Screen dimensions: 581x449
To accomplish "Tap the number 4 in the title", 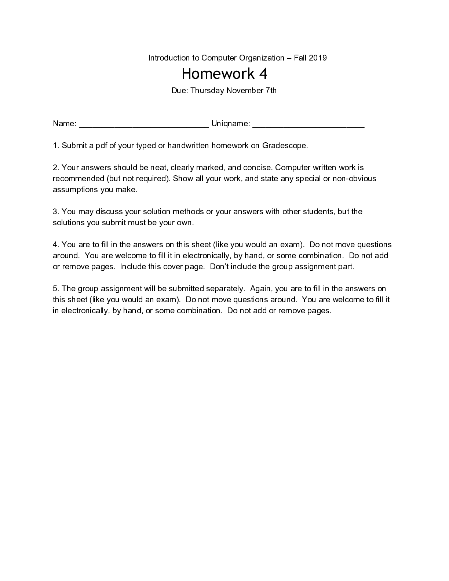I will [263, 74].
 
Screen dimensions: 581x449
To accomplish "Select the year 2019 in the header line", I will [318, 58].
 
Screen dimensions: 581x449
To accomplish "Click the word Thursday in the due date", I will [207, 91].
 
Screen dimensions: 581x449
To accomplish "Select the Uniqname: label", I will [231, 124].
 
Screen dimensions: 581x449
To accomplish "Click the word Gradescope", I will [284, 146].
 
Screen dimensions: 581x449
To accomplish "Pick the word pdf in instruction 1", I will [101, 146].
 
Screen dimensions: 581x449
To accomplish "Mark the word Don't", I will [219, 267].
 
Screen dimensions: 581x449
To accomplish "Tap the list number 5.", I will [55, 289].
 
